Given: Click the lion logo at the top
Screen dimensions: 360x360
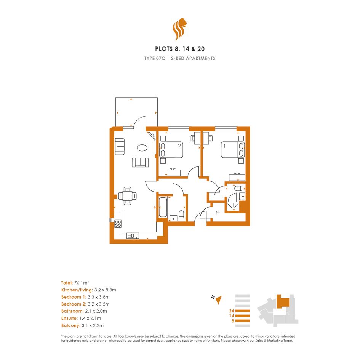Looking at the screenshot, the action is [x=179, y=29].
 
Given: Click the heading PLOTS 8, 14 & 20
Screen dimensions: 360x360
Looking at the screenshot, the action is [x=180, y=49].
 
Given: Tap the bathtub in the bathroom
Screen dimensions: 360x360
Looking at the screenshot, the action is [x=163, y=207].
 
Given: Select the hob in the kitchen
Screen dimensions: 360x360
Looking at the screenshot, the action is [x=118, y=223].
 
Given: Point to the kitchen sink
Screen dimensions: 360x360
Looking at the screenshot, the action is [x=133, y=236].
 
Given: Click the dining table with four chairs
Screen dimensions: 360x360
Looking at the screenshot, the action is [x=127, y=196].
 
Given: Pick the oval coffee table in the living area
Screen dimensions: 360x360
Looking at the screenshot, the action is [x=142, y=148].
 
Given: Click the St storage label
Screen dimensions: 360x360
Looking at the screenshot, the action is [x=218, y=213].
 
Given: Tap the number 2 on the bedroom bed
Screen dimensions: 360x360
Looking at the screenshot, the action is [x=179, y=146].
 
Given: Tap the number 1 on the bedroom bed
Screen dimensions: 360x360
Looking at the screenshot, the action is [x=224, y=146].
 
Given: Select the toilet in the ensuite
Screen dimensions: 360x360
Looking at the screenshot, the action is [x=238, y=188].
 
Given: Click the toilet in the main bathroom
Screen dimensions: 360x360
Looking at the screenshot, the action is [x=181, y=214].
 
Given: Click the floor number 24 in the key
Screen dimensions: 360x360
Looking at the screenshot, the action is [x=232, y=311].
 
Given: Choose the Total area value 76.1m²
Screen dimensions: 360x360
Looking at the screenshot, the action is [x=82, y=283].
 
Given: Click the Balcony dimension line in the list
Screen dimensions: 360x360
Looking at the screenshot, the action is [x=82, y=326].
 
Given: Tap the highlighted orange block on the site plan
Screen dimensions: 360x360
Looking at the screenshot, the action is [x=283, y=301].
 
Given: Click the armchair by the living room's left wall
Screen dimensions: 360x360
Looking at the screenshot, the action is [x=120, y=146].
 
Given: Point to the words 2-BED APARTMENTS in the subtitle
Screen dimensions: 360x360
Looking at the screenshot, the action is [x=193, y=59].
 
